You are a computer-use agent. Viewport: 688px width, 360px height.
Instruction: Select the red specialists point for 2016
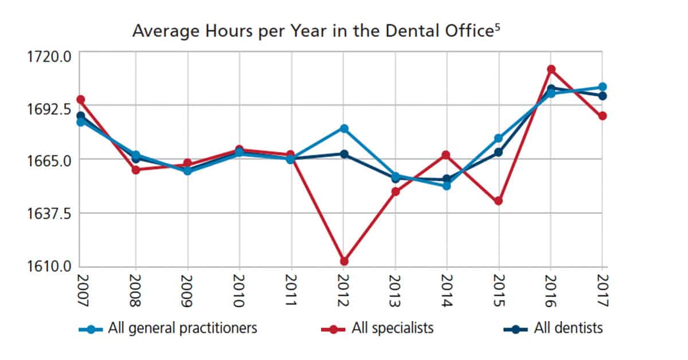(551, 69)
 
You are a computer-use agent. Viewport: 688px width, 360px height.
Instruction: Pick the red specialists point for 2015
(499, 201)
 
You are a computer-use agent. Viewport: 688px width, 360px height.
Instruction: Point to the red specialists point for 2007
(81, 100)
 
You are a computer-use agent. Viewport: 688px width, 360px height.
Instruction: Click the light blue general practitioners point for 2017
(603, 87)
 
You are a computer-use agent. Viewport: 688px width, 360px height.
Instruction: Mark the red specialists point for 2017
(603, 116)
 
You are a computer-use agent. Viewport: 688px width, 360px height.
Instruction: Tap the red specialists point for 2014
(446, 155)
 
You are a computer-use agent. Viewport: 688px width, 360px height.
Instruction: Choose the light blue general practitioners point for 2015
(499, 138)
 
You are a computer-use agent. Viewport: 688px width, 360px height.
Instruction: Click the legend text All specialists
(393, 328)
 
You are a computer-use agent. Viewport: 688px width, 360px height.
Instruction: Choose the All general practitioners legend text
(182, 328)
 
